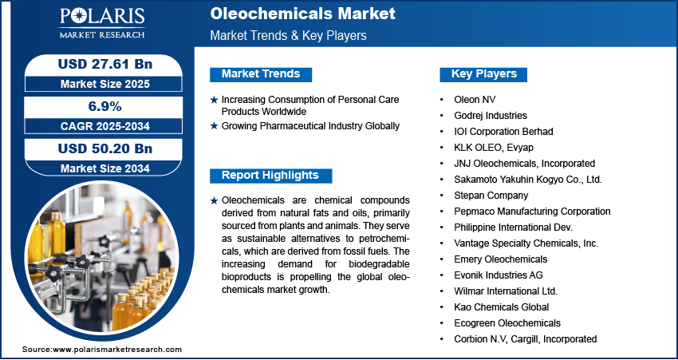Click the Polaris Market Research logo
(x=102, y=23)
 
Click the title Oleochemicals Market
(x=302, y=14)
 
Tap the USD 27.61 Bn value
(x=105, y=64)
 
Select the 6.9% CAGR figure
(x=105, y=106)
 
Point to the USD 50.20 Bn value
(x=105, y=148)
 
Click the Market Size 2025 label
(x=105, y=84)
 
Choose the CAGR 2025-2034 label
(x=105, y=126)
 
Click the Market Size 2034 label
(x=105, y=168)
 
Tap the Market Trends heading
(x=261, y=74)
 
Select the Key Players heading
(x=484, y=74)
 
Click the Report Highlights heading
(x=270, y=176)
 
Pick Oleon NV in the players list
(x=475, y=100)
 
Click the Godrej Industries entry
(x=491, y=116)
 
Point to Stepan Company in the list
(x=491, y=195)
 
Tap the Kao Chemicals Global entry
(x=501, y=307)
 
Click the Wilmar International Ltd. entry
(x=506, y=291)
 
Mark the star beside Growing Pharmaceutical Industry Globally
(x=214, y=126)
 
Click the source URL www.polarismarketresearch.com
(x=117, y=349)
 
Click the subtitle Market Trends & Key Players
(x=289, y=35)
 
